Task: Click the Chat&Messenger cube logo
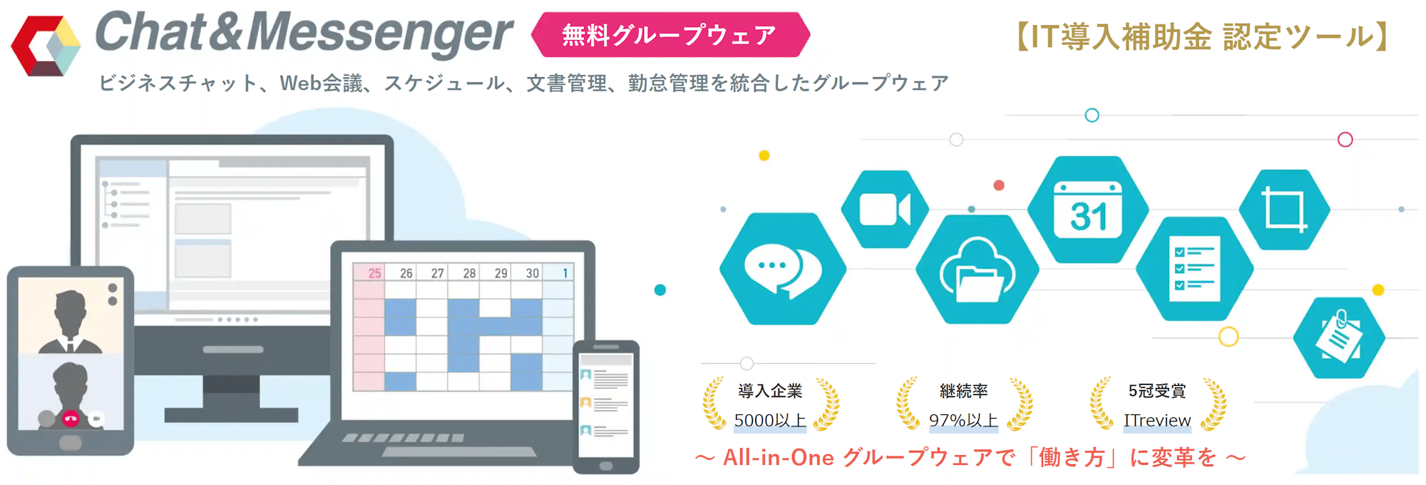46,46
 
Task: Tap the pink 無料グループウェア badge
670,34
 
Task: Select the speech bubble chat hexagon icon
783,269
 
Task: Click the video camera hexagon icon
885,209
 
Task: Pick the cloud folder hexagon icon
978,270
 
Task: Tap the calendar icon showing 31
1088,210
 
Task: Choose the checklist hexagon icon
1194,269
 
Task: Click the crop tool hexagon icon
1284,210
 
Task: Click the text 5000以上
770,421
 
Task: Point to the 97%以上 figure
963,421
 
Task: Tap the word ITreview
1157,421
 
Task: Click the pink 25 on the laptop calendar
375,273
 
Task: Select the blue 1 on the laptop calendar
565,273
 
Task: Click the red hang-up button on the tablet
70,419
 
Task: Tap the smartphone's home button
606,466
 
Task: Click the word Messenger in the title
380,34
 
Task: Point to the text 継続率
964,391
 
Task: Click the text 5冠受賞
1157,391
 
